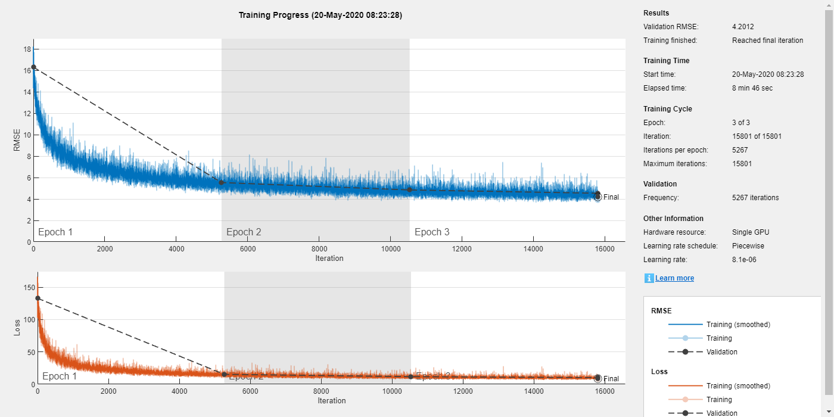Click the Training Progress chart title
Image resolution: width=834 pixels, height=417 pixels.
(320, 15)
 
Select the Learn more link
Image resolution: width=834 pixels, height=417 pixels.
(674, 278)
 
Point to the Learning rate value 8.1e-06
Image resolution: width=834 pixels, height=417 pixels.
(748, 260)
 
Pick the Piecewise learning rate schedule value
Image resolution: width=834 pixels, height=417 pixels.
(748, 246)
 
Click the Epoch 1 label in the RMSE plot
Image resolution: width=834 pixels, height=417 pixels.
(55, 232)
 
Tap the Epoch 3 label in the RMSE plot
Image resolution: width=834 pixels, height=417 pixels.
(432, 232)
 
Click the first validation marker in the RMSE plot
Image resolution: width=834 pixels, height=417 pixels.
(33, 67)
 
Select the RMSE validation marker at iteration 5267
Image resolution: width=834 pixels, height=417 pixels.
(222, 182)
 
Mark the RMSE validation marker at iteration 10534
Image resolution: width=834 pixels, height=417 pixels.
(409, 189)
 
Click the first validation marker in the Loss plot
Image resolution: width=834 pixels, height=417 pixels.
(38, 298)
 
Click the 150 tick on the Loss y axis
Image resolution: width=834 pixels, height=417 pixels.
(26, 287)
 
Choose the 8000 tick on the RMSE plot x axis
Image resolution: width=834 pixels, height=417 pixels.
(319, 248)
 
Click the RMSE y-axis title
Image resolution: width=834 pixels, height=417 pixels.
(17, 140)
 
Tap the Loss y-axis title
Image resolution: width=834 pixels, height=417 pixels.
(17, 328)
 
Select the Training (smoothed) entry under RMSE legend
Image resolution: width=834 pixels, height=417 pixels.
(738, 325)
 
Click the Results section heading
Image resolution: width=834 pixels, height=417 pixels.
(656, 13)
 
